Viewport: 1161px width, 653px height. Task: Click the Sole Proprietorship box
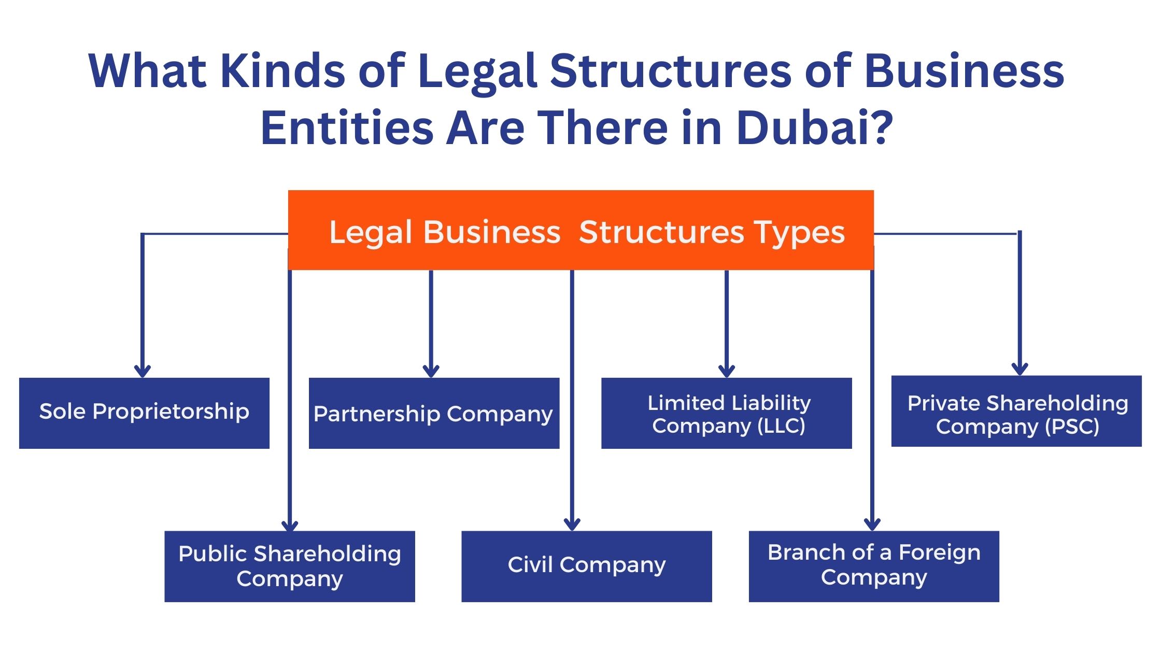[144, 413]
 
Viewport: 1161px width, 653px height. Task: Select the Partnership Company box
[434, 413]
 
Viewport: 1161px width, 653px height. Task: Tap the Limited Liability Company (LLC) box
[726, 413]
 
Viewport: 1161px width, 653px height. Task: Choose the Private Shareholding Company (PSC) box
[1016, 411]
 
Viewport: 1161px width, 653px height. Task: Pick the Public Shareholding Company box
[290, 566]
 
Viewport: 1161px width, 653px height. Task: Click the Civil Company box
[586, 566]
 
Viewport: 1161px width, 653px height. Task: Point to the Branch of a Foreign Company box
[874, 566]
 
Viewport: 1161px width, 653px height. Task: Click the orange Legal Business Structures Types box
[580, 230]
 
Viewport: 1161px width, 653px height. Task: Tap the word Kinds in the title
[283, 71]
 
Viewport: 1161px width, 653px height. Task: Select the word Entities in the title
[347, 128]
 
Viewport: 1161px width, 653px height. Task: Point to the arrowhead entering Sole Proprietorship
[142, 371]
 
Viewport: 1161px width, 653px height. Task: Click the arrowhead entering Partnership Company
[431, 371]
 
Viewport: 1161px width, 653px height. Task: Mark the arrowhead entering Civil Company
[572, 524]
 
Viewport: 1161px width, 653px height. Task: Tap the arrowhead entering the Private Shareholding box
[1020, 369]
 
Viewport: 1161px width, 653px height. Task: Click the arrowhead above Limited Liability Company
[727, 371]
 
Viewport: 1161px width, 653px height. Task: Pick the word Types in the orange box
[799, 232]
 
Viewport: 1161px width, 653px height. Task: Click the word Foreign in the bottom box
[939, 553]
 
